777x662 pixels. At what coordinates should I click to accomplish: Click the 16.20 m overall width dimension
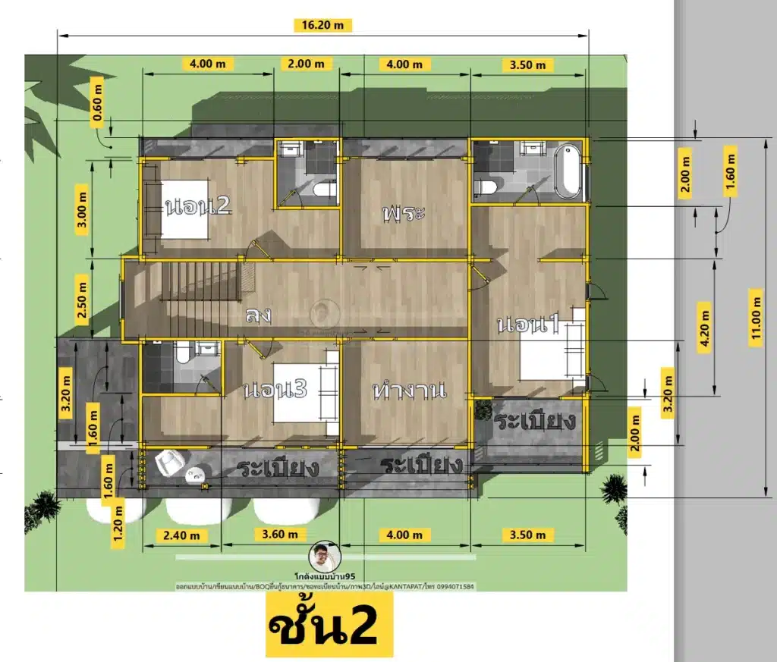click(322, 24)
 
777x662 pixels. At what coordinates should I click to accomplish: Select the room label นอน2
click(197, 206)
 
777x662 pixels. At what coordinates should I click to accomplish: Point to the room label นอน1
click(529, 325)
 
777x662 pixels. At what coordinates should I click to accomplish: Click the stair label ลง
click(259, 315)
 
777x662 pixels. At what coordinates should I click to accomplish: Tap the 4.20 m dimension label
click(705, 327)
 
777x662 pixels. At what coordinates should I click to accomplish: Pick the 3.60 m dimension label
click(273, 534)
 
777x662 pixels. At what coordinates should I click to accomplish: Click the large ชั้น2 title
click(329, 626)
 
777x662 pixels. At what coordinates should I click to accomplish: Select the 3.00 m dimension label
click(83, 209)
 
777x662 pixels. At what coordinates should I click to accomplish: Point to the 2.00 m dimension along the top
click(306, 64)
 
